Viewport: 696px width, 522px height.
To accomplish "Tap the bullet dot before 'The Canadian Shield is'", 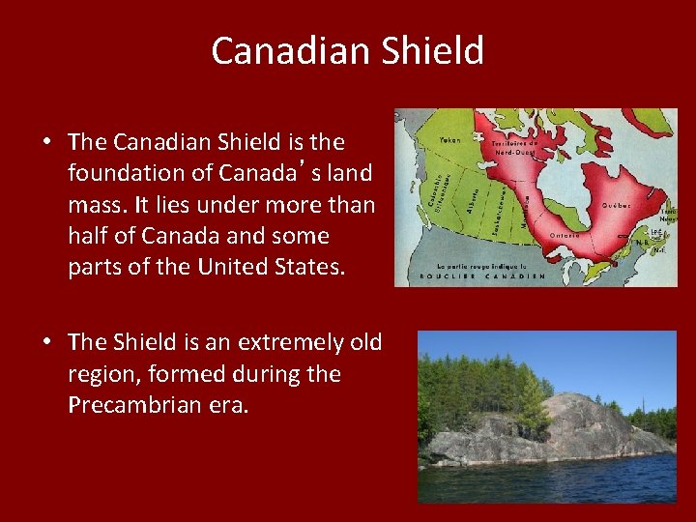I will pos(47,142).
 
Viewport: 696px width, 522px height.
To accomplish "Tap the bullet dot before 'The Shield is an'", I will pos(47,342).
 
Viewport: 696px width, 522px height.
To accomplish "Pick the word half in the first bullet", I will pos(86,236).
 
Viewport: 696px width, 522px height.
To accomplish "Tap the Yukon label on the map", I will pos(450,139).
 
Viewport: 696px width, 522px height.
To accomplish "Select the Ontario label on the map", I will pos(565,234).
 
